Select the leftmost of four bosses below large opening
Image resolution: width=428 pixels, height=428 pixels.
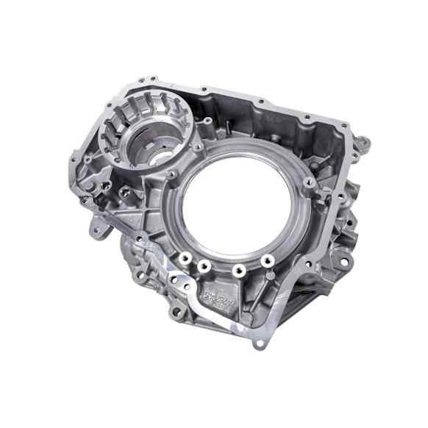point(183,259)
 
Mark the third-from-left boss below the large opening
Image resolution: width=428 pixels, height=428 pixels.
point(238,270)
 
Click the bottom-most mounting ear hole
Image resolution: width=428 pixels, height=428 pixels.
point(255,345)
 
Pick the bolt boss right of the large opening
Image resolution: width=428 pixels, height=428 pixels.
point(309,181)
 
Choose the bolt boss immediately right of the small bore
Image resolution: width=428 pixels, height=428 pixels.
point(199,146)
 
